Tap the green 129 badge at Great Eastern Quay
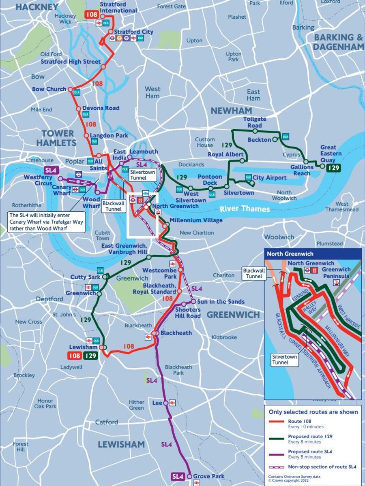333,168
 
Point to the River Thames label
245,209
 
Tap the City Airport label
269,178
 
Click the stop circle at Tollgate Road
255,131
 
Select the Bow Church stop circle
70,90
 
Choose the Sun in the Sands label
221,302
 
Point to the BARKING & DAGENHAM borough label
339,42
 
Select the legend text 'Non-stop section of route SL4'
322,467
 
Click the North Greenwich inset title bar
313,254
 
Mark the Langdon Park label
105,136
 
